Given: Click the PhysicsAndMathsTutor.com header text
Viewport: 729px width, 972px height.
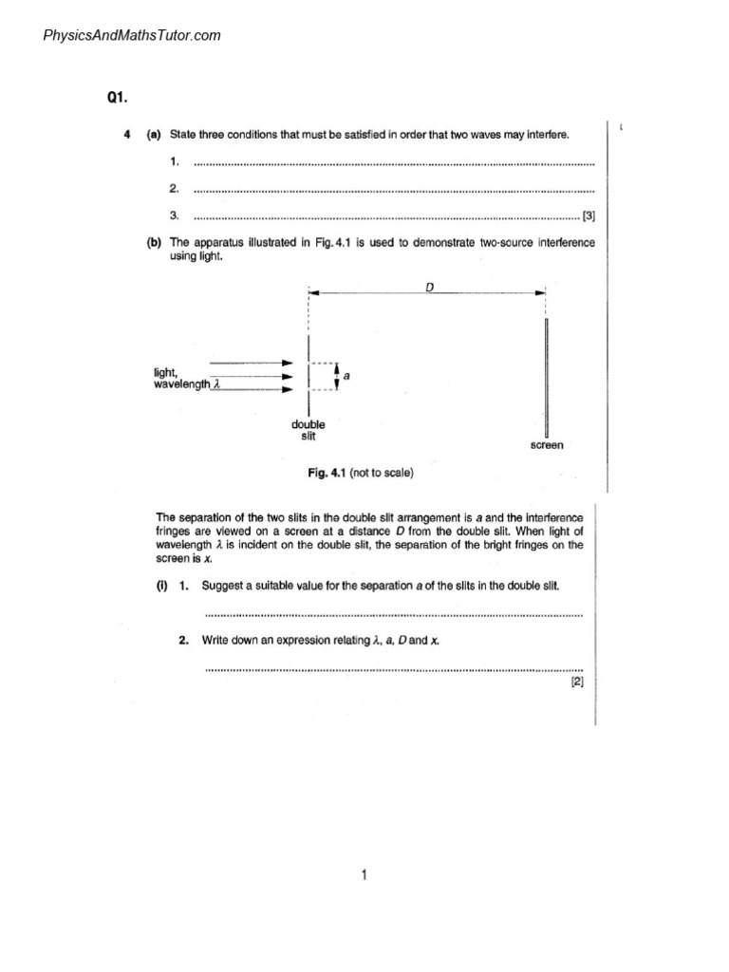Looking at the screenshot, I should [132, 36].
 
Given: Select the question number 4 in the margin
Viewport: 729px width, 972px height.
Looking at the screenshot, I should [127, 135].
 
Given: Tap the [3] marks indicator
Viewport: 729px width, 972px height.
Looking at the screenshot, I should [589, 215].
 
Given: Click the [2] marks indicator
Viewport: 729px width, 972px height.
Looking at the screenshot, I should [577, 681].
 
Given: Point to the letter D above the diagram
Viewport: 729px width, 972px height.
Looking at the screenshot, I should [429, 286].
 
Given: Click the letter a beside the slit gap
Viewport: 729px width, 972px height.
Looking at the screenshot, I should [346, 376].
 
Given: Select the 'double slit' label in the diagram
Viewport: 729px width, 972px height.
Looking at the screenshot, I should [308, 431].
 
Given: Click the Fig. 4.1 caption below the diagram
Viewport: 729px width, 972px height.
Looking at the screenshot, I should [357, 472].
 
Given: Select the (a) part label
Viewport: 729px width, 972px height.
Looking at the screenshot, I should [153, 135].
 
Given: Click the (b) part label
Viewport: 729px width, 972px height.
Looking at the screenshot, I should [153, 243].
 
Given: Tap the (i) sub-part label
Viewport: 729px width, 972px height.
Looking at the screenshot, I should [161, 586].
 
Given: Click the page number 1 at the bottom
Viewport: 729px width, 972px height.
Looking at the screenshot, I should [364, 875].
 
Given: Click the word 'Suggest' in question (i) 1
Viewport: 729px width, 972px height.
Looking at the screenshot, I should [224, 586].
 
